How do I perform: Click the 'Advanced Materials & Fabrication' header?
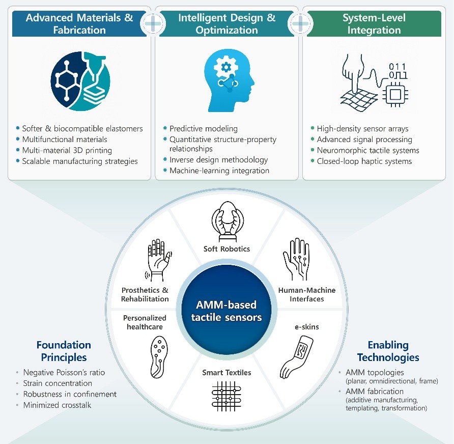[x=79, y=23]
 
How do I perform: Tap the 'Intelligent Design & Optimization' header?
[x=227, y=23]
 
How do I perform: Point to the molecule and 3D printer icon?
[x=80, y=84]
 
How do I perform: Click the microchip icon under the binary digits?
[x=395, y=94]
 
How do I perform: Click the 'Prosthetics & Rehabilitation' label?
[x=145, y=294]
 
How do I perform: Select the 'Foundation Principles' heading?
[x=64, y=351]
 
